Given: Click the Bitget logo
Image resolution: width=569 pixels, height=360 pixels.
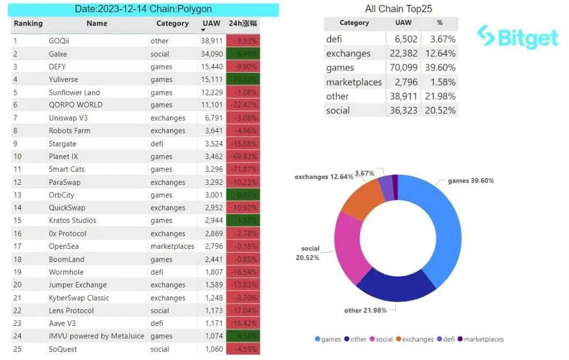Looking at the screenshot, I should pos(517,37).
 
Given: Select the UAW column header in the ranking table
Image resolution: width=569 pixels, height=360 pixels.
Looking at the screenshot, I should pos(211,23).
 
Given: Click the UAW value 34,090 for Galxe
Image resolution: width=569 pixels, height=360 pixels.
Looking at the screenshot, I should pos(212,54).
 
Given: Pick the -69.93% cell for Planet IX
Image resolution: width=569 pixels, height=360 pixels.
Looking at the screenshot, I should pos(244,157).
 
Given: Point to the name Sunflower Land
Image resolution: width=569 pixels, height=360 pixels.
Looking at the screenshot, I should pos(74,93).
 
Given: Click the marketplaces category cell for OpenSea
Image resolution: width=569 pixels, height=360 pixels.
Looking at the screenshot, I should pos(172,246).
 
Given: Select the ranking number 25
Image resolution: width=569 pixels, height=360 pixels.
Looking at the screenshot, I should pos(17,349).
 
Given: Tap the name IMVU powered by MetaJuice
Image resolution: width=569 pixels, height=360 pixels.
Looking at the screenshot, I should pos(97,336).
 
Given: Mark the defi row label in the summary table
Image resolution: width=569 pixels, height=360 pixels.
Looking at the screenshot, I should pos(335,39).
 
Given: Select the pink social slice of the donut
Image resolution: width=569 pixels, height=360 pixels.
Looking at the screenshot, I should pos(347,249).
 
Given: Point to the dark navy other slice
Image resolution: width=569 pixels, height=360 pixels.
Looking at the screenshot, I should pos(396,287).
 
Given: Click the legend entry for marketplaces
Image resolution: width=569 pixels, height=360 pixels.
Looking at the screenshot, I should pos(483,339).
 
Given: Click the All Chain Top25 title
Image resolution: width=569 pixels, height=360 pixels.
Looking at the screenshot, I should pos(398,9).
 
